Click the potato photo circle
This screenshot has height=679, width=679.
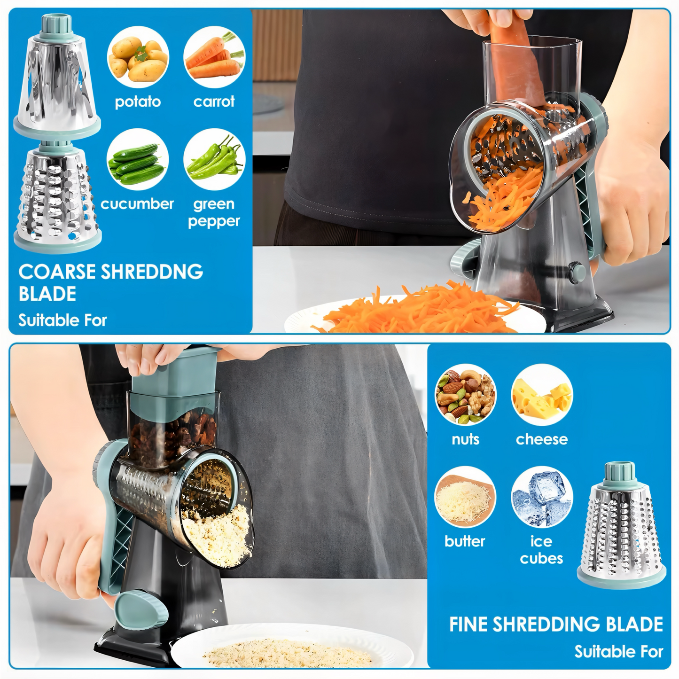click(138, 58)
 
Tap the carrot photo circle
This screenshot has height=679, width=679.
click(214, 58)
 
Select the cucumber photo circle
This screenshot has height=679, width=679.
click(138, 160)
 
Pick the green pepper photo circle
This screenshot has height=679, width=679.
click(214, 160)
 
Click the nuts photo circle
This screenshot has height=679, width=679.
click(465, 394)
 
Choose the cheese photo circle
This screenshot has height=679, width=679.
click(542, 394)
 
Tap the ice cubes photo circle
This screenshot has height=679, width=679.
click(542, 497)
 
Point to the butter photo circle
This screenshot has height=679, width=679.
click(465, 497)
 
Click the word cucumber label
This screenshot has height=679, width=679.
click(137, 204)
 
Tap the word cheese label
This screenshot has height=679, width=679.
click(542, 439)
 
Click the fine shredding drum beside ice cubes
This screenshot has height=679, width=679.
click(621, 526)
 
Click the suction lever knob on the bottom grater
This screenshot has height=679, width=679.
click(141, 611)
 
